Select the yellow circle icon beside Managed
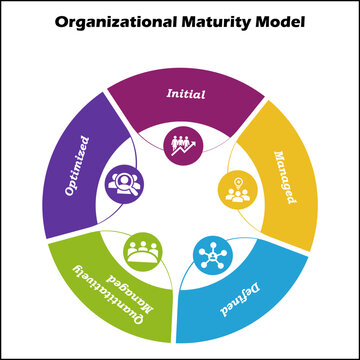tap(236, 190)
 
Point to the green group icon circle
tap(144, 250)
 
